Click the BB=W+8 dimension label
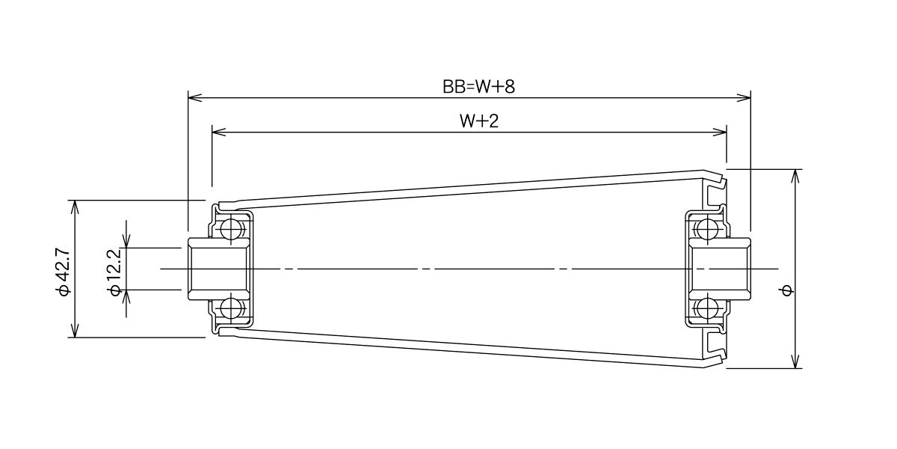click(478, 87)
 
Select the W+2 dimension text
click(479, 121)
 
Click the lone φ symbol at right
click(787, 290)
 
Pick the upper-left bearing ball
click(230, 229)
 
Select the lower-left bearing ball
click(230, 308)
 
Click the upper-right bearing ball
click(707, 229)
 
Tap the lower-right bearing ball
click(707, 308)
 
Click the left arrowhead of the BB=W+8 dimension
click(194, 97)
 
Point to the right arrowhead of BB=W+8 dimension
click(744, 97)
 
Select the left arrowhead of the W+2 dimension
click(218, 132)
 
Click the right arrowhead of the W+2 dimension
click(720, 132)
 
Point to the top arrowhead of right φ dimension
click(795, 177)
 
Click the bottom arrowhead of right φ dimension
click(795, 361)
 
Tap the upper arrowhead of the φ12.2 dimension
click(126, 241)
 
